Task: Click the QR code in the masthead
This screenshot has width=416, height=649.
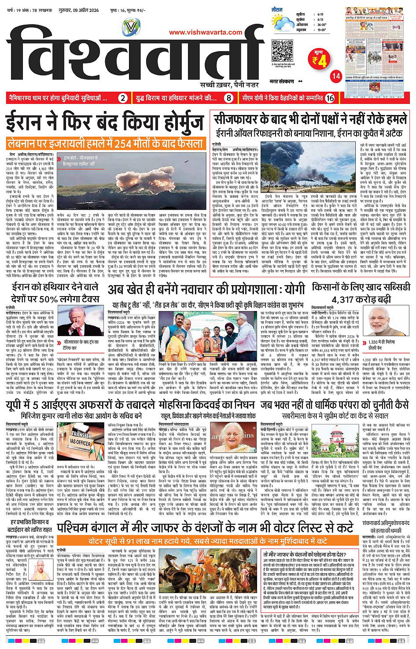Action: point(282,51)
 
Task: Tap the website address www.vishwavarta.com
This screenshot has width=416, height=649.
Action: point(206,32)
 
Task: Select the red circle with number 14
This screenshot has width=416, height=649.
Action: point(336,76)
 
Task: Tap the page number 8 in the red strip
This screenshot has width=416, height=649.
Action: point(228,98)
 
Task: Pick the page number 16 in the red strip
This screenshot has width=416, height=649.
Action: point(330,98)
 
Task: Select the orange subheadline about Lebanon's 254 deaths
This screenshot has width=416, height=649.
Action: point(106,143)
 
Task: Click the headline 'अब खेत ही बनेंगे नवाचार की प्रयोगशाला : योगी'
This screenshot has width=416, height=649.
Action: point(206,289)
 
